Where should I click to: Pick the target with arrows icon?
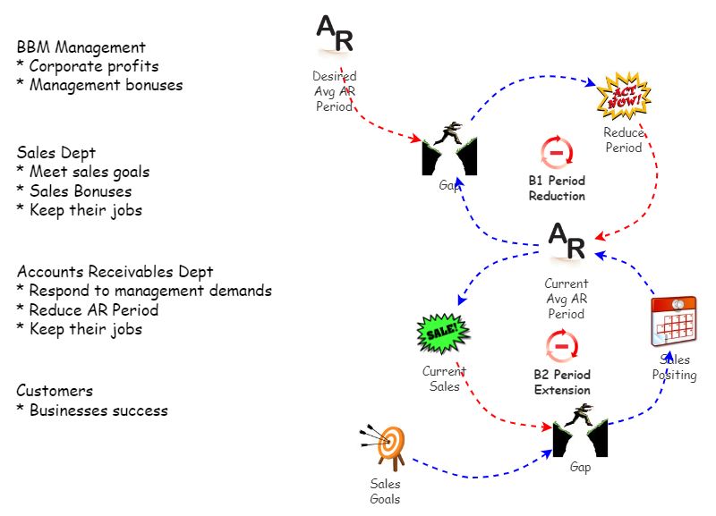[x=386, y=444]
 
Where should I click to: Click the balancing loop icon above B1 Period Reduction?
[x=557, y=153]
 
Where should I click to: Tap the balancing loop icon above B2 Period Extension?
[x=562, y=344]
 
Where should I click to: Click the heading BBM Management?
[x=81, y=47]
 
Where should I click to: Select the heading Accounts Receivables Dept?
[x=115, y=271]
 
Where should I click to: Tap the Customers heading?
[x=55, y=391]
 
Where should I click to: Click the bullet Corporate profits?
[x=88, y=66]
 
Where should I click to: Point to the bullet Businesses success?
[x=91, y=410]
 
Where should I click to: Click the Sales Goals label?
[x=386, y=491]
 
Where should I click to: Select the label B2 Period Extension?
[x=562, y=382]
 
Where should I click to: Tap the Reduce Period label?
[x=623, y=140]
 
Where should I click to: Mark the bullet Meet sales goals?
[x=83, y=171]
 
